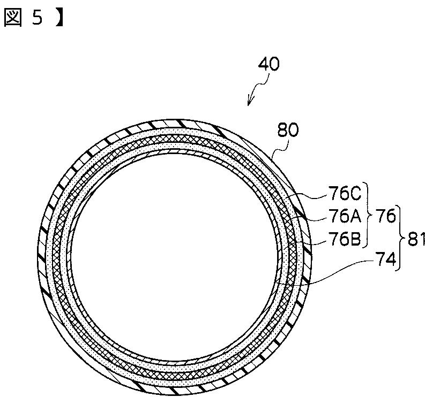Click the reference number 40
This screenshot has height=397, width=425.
[x=269, y=64]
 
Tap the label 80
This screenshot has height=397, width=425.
[x=288, y=130]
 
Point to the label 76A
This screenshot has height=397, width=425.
[x=345, y=216]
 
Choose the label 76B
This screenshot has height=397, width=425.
[x=345, y=239]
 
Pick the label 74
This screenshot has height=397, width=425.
[x=385, y=259]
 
